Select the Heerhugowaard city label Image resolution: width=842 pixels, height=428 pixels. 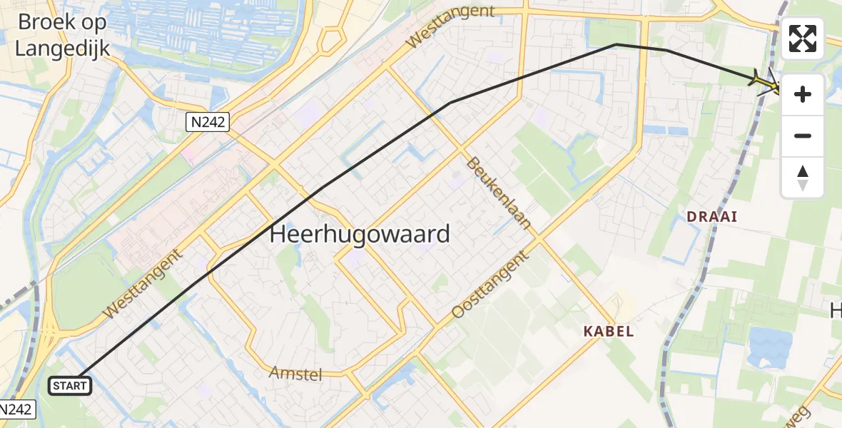[360, 234]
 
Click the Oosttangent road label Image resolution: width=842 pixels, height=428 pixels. [492, 284]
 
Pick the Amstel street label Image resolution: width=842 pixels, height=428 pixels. [296, 373]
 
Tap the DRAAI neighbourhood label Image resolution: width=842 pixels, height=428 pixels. [711, 216]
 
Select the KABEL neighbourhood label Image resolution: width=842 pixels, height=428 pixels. [608, 331]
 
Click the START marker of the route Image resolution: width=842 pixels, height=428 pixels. [69, 386]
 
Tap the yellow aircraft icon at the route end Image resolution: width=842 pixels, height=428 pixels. [766, 82]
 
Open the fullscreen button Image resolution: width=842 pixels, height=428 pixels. [803, 39]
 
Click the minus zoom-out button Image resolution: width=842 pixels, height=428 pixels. [803, 136]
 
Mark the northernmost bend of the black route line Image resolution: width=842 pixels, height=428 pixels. [616, 44]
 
